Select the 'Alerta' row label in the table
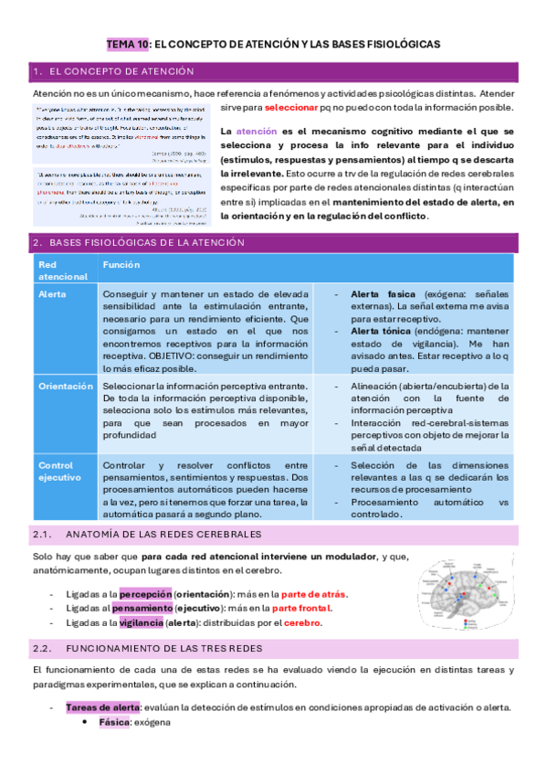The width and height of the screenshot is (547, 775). point(52,295)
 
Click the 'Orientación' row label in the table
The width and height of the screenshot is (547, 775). point(65,387)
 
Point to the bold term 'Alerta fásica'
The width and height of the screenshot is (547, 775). point(383,295)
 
